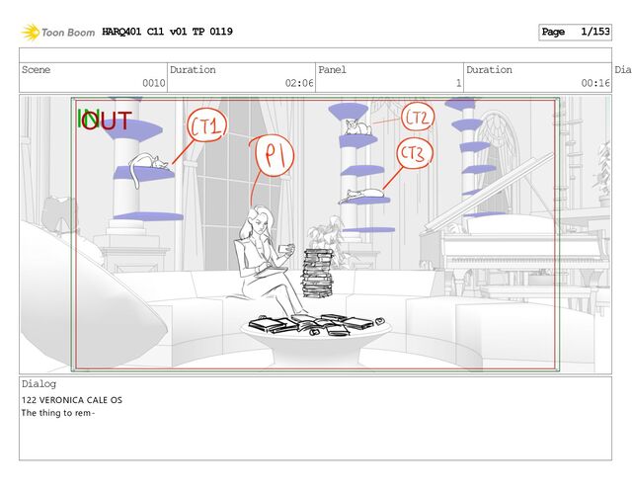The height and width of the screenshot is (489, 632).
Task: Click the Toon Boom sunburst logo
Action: point(31,33)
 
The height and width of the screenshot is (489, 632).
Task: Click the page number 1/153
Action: point(594,32)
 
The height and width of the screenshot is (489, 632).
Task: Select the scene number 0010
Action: point(154,83)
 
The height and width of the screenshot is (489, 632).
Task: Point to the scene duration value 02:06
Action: point(299,83)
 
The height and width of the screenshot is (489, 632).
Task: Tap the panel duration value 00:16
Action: point(594,83)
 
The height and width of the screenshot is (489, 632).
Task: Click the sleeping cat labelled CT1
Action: point(146,164)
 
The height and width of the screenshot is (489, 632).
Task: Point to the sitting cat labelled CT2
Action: point(357,127)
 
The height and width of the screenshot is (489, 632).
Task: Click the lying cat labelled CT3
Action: point(362,195)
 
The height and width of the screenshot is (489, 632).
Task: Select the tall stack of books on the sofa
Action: point(318,273)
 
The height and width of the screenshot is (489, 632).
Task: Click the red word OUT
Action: point(107,121)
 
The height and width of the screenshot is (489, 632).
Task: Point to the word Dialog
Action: point(39,383)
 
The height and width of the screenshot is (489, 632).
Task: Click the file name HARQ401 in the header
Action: point(121,32)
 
